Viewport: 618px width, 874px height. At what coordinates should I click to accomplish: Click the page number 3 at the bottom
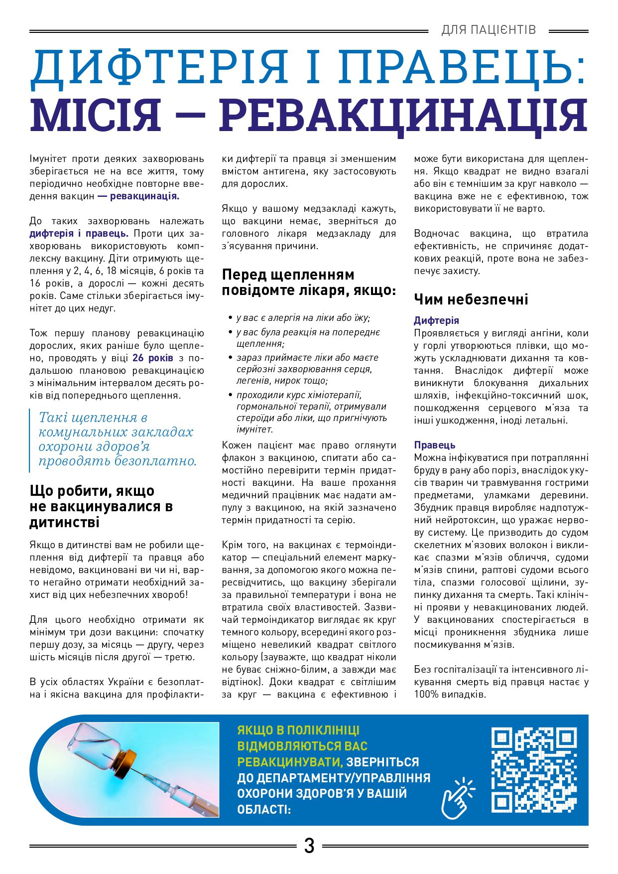[309, 846]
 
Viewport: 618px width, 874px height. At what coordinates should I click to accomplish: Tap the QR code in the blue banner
[534, 770]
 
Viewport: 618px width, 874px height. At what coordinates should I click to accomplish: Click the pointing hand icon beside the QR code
[458, 798]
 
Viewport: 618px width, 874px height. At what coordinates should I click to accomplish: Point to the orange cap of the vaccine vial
[127, 763]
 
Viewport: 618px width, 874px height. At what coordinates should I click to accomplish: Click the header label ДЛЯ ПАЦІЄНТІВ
[488, 30]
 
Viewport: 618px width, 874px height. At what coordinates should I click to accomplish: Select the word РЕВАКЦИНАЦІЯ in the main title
[403, 116]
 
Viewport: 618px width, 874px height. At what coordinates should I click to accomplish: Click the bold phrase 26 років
[153, 358]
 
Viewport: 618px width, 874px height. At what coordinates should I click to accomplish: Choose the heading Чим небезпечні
[471, 299]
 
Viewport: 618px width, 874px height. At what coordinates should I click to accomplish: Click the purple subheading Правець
[434, 445]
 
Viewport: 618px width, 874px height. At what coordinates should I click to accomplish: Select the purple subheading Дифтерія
[436, 320]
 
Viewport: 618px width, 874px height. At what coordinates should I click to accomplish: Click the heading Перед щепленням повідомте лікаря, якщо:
[309, 282]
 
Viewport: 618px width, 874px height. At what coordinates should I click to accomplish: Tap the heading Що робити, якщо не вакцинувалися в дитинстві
[101, 506]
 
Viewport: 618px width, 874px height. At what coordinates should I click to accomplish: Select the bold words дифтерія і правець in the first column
[79, 233]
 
